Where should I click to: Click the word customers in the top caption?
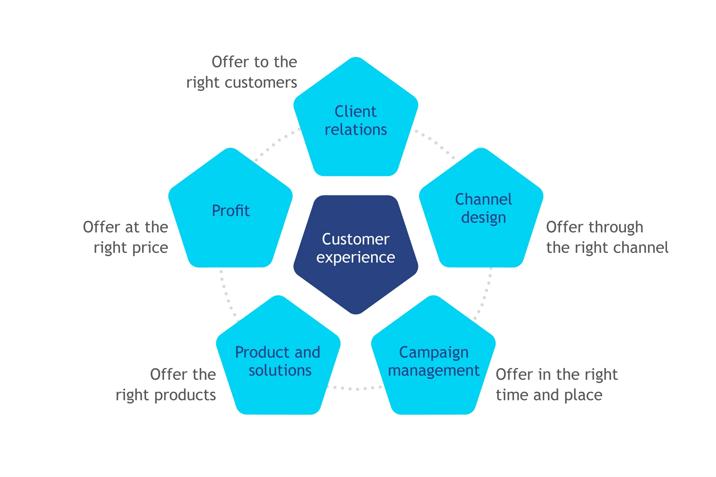pos(261,83)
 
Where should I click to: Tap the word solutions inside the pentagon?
pos(280,370)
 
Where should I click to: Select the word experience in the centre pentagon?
pos(356,258)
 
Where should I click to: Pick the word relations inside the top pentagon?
pos(356,130)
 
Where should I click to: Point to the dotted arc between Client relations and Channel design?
pos(435,143)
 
